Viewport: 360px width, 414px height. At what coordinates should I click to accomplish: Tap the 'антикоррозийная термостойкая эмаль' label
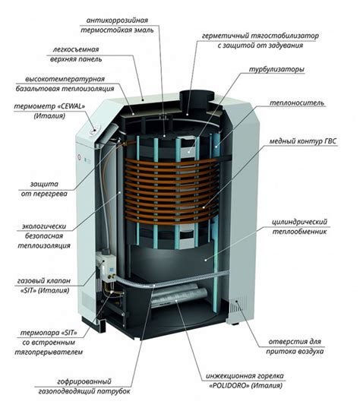point(150,24)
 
